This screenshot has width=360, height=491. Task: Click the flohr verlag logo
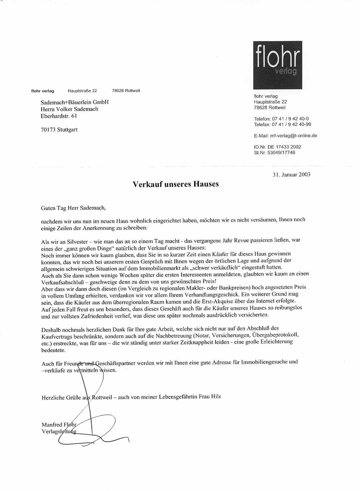tap(277, 64)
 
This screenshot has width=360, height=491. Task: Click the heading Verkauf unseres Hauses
tap(176, 184)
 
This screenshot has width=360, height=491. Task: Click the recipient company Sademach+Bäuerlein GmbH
tap(75, 102)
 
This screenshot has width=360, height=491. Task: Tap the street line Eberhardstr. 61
tap(59, 116)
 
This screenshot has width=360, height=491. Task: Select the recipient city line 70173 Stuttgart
tap(59, 130)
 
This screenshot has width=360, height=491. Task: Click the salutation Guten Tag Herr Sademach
tap(72, 208)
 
